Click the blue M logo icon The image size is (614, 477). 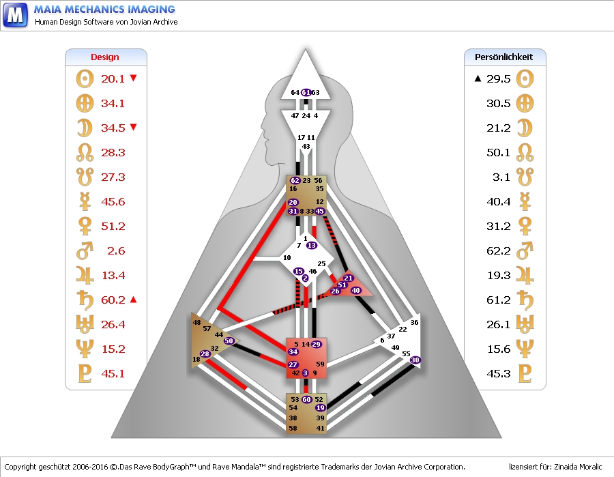coord(15,14)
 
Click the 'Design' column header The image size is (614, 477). coord(105,57)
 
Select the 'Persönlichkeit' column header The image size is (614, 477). coord(504,57)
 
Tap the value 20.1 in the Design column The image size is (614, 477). coord(113,78)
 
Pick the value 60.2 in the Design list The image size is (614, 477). coord(113,300)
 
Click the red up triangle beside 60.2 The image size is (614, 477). coord(134,299)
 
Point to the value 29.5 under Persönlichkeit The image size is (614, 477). coord(499,78)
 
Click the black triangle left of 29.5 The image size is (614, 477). coord(478,78)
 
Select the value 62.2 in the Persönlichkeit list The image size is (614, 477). coord(499,250)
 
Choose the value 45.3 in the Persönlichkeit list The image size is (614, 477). coord(499,373)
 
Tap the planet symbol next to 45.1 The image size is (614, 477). coord(84,373)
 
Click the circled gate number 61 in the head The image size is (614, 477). coord(306,92)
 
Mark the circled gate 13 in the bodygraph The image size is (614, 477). coord(312,245)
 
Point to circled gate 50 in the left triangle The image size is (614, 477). coord(229,341)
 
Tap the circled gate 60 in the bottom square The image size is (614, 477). coord(306,399)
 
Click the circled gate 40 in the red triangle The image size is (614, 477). coord(355,291)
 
